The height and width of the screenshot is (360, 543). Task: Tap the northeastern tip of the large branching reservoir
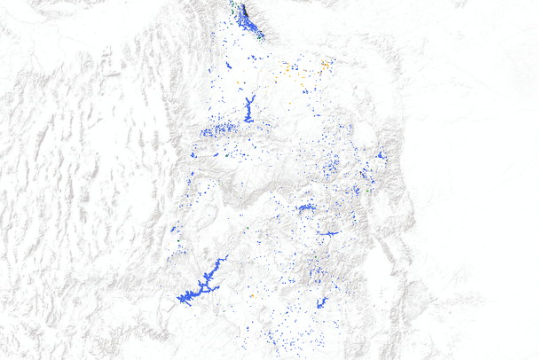coord(227,257)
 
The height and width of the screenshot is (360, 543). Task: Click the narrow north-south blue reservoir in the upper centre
coord(248,110)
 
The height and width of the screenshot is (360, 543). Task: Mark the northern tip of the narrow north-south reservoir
coord(252,96)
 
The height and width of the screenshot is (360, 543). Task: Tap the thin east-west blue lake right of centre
coord(328,233)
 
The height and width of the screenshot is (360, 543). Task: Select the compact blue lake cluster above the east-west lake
coord(307,209)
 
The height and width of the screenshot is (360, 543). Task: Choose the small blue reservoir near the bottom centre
coord(321,302)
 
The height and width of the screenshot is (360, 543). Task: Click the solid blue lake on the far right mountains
coord(381,155)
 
